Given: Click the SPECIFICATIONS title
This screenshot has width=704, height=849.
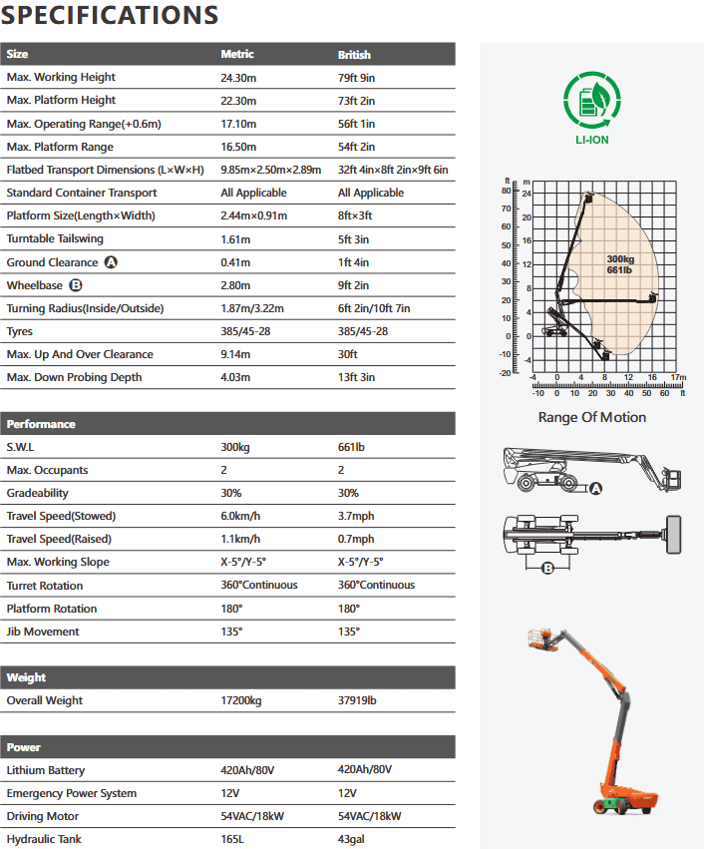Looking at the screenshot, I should (x=111, y=16).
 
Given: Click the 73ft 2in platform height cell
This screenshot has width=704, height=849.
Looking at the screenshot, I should (x=358, y=100).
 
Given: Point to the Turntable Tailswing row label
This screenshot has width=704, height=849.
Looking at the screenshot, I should (x=55, y=238).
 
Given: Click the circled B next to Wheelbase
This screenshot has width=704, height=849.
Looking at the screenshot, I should (x=75, y=285).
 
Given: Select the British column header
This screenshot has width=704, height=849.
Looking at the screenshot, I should (x=354, y=54).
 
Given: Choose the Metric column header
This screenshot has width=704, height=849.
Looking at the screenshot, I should (x=237, y=54).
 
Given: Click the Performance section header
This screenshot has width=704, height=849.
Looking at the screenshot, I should (x=42, y=424).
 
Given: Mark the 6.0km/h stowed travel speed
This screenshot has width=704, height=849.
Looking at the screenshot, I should (x=241, y=516).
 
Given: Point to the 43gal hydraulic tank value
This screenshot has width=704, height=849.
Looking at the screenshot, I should (x=352, y=839).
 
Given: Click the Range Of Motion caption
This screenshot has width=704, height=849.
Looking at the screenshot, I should (x=592, y=417).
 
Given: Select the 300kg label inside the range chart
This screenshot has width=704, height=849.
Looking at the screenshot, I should (x=619, y=259).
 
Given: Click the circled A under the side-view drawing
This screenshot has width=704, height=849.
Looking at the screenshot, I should (x=596, y=488).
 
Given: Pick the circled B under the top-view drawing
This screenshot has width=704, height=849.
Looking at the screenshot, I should (x=547, y=569).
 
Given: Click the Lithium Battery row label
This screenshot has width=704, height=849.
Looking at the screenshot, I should (x=46, y=770).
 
